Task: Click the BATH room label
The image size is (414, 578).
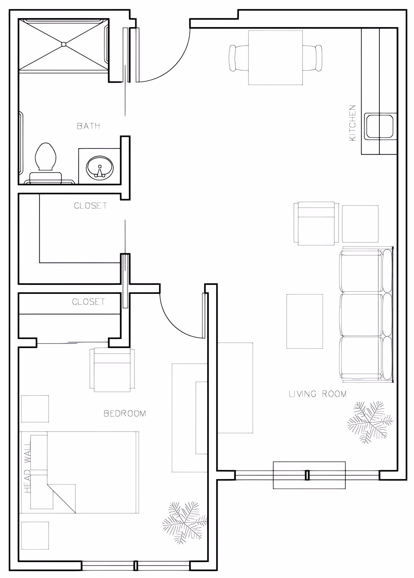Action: pos(88,126)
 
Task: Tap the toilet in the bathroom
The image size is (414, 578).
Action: pos(46,163)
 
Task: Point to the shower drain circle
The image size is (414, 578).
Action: pos(64,44)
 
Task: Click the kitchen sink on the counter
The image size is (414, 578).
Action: pos(379,127)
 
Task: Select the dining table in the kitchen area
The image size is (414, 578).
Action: pos(275,58)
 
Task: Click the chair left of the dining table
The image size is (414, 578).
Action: pos(239,58)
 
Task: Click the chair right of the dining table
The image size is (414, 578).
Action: pos(312,58)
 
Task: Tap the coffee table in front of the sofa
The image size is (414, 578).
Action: pos(305,321)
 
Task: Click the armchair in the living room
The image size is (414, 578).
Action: pos(316,223)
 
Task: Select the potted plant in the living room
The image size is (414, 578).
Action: pos(370,422)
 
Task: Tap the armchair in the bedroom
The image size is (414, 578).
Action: pos(112,370)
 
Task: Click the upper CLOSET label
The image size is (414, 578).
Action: pos(90,206)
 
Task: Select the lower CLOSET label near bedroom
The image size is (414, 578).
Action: pos(88,302)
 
